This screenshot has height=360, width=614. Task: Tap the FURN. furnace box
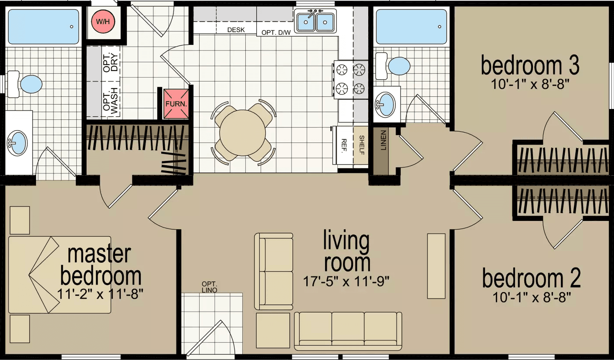pos(176,104)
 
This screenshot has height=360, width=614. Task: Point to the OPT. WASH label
pos(111,103)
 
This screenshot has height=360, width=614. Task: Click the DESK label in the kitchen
pos(236,30)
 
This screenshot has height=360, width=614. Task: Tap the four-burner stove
pos(350,78)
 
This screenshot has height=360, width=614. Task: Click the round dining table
pos(243,134)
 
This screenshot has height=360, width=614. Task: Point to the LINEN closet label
pos(383,140)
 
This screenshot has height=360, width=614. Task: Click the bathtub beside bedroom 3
pos(411,26)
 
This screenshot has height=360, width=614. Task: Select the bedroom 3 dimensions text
pos(530,84)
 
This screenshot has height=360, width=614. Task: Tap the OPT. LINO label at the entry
pos(210,287)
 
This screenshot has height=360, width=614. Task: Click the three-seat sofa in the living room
pos(348,330)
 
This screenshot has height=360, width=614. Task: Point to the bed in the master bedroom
pos(60,275)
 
